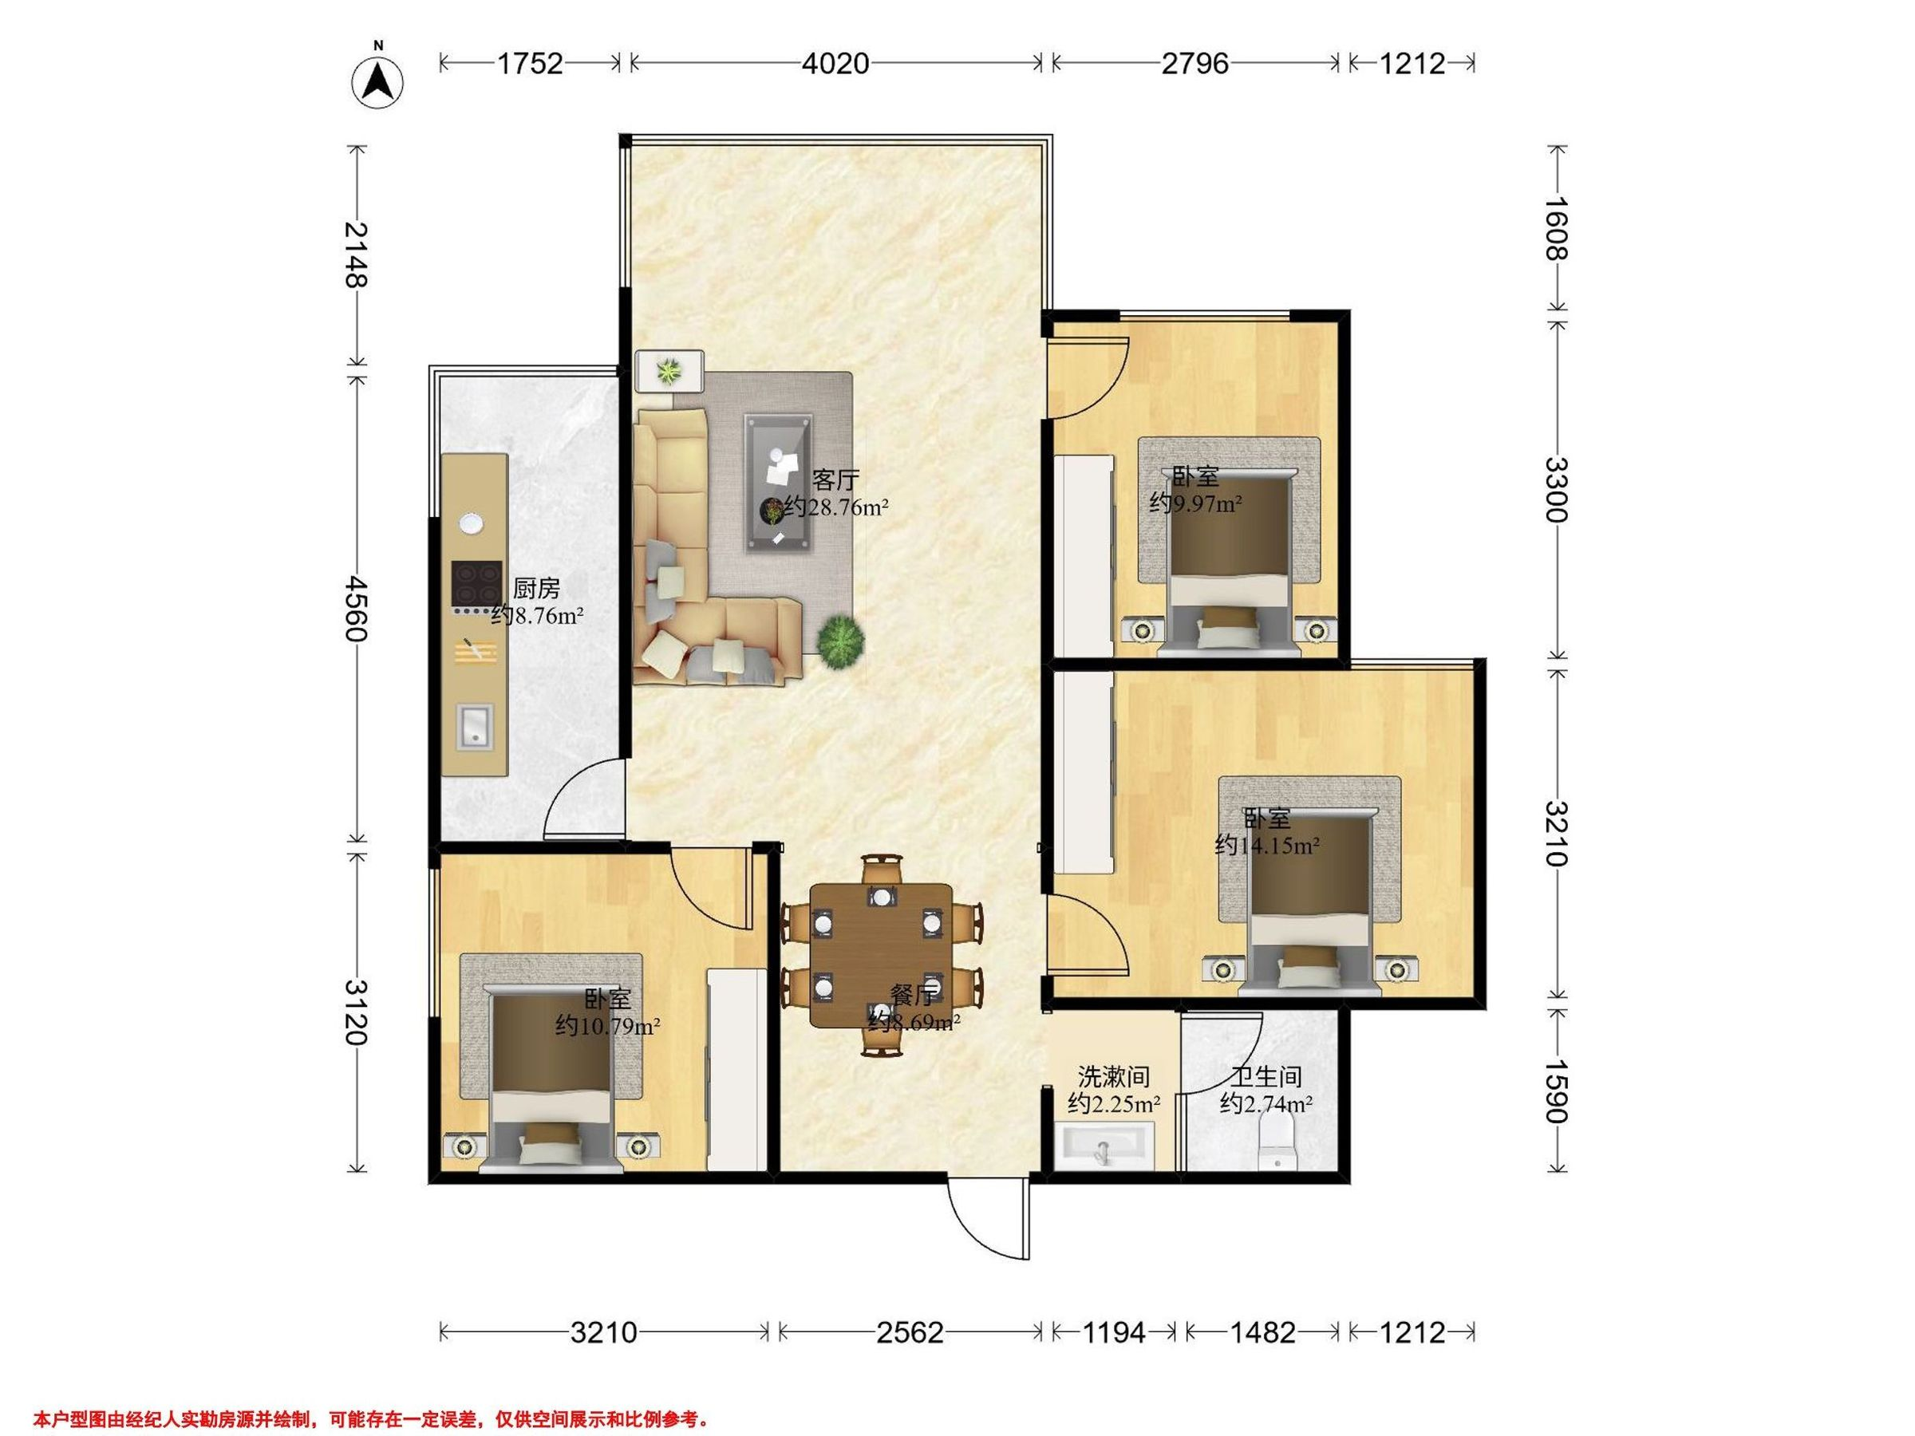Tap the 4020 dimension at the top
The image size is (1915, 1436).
click(x=835, y=63)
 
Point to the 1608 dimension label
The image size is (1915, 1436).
click(x=1557, y=228)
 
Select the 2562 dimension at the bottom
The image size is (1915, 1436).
click(x=910, y=1332)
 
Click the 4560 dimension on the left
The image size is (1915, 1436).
click(x=356, y=609)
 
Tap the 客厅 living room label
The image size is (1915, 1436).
click(x=835, y=479)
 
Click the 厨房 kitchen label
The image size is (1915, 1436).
click(x=536, y=589)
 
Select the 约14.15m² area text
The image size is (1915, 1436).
click(x=1267, y=846)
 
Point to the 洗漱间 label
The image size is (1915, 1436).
click(x=1113, y=1077)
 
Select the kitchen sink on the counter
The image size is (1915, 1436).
click(x=475, y=725)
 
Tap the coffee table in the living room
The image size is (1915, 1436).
click(x=779, y=482)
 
